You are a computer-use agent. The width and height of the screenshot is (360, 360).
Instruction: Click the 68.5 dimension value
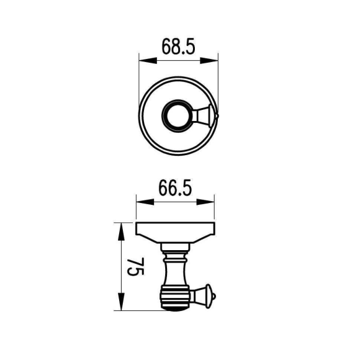[178, 47]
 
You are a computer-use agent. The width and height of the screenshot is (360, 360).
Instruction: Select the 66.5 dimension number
[175, 188]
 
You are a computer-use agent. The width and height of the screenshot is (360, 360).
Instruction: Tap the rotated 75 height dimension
[136, 266]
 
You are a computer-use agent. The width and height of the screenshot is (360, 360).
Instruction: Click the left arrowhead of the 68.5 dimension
[148, 61]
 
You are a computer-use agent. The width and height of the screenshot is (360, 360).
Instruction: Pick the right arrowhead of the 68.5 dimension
[209, 61]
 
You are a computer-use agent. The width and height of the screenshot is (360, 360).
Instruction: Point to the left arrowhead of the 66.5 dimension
[145, 202]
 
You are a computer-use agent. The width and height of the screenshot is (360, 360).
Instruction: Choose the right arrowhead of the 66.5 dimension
[205, 202]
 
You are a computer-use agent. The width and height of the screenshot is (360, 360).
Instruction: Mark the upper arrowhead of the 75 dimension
[121, 232]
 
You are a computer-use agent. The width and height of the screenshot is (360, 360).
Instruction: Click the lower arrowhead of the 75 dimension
[121, 302]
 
